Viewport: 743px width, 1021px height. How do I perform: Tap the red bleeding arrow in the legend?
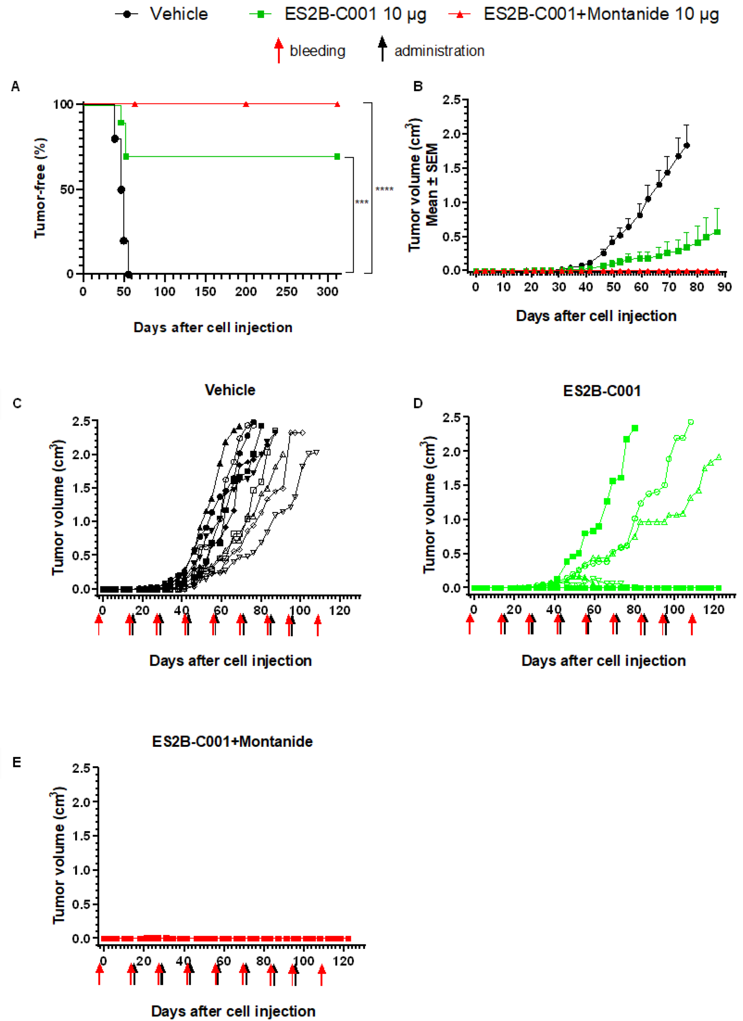tap(279, 50)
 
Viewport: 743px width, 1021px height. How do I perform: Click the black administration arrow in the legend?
tap(382, 49)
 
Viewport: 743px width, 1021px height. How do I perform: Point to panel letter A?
tap(16, 86)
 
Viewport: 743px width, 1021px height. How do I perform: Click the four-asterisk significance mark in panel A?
tap(384, 189)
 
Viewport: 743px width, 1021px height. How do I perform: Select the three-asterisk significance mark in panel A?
tap(362, 202)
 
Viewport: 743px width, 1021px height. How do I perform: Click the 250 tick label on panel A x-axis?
tap(286, 292)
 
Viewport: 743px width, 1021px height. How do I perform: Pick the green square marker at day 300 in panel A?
tap(337, 157)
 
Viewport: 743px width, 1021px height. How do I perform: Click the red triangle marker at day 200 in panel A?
tap(246, 105)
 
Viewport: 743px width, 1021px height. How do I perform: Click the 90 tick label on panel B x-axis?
tap(724, 287)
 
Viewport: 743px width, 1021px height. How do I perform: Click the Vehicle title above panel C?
tap(230, 390)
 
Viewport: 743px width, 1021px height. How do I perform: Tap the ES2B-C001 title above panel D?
tap(602, 391)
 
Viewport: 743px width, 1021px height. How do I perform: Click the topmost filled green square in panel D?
tap(635, 428)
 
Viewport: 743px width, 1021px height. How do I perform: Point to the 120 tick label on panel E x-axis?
tap(343, 961)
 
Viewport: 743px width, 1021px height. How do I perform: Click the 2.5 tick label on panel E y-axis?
tap(82, 768)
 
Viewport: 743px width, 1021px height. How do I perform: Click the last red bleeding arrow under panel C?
tap(318, 626)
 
